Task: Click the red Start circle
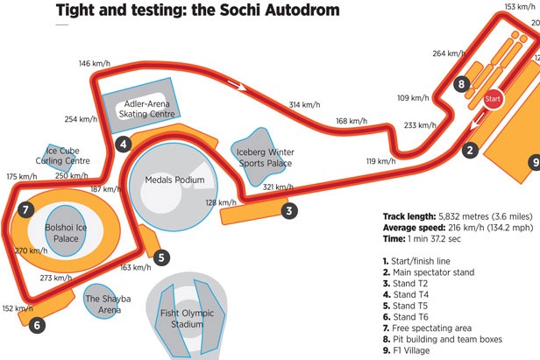pyautogui.click(x=493, y=99)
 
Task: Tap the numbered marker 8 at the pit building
pyautogui.click(x=462, y=84)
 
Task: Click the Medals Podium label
pyautogui.click(x=177, y=180)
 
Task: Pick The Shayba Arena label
pyautogui.click(x=108, y=303)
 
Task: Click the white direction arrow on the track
pyautogui.click(x=234, y=85)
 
